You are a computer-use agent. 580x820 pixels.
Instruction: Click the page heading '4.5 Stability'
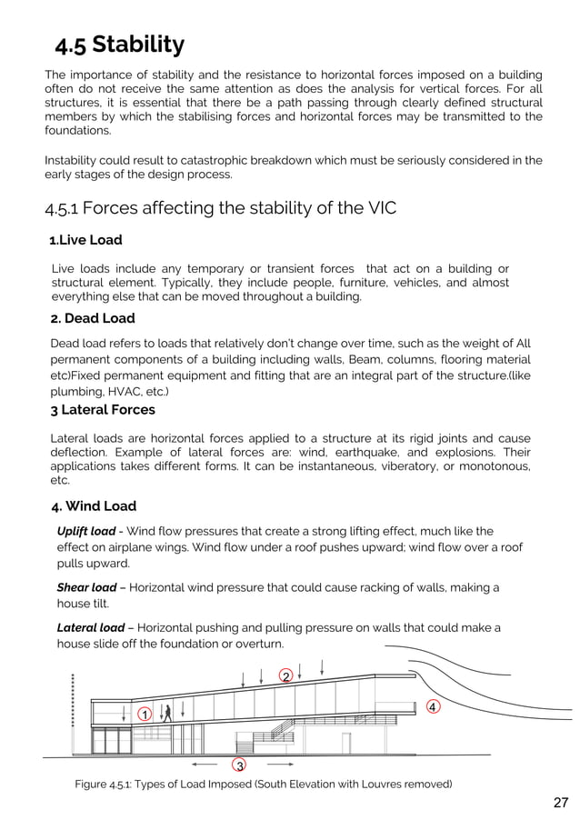pos(119,45)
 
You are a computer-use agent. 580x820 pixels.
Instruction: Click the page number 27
pos(560,802)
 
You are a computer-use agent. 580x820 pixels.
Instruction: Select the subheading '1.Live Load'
pos(85,240)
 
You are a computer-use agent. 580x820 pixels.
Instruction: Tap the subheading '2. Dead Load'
pos(92,318)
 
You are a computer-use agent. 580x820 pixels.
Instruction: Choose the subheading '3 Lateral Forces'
pos(102,410)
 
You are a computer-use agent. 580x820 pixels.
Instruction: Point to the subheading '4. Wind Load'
pos(93,505)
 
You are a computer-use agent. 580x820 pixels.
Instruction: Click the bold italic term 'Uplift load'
pos(86,531)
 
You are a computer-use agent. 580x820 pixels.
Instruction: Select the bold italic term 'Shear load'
pos(86,587)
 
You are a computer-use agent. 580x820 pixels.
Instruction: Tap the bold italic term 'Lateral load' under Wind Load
pos(91,627)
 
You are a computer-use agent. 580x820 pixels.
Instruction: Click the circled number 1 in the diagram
pos(144,715)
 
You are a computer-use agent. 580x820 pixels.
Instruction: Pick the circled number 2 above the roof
pos(285,676)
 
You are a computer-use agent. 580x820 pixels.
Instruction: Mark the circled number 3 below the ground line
pos(239,765)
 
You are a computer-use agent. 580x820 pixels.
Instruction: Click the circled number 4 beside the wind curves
pos(433,706)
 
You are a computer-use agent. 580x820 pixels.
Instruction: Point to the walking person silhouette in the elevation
pos(166,712)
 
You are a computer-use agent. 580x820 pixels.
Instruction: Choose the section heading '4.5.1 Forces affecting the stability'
pos(221,208)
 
